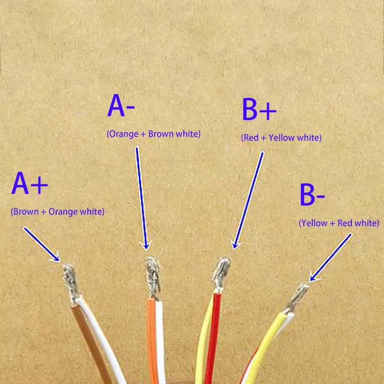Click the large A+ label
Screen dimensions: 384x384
30,184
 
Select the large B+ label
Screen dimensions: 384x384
259,109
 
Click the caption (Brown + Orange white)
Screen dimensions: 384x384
58,211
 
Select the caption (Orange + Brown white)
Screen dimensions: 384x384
153,134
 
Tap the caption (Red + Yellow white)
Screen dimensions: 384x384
281,138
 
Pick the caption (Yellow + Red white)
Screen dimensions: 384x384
339,223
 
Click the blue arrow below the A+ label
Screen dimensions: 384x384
41,244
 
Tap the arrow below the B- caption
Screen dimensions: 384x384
331,257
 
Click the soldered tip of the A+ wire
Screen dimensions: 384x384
70,279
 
